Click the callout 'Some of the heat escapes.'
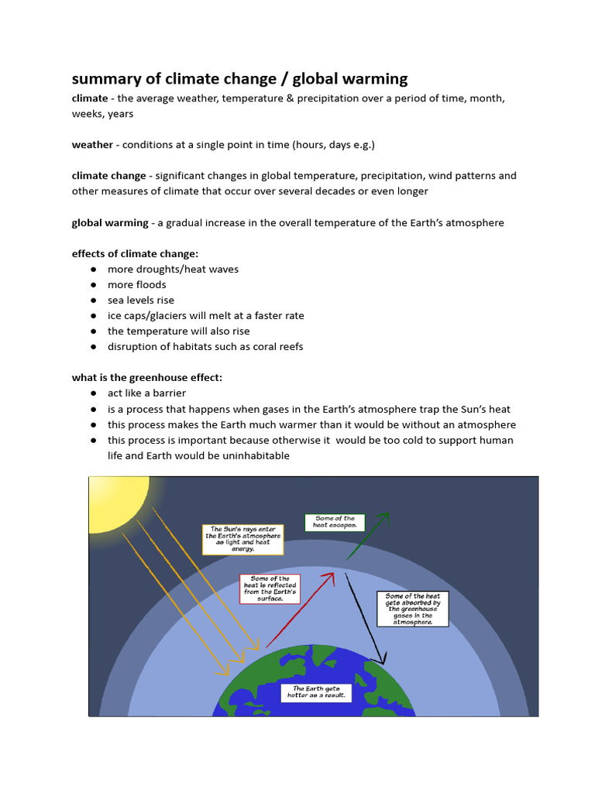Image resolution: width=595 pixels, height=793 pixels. [335, 523]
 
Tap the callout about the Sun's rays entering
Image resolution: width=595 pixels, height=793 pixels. [243, 538]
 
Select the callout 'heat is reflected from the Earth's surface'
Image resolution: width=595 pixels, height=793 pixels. [270, 589]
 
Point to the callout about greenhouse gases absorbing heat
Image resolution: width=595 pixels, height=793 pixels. [412, 609]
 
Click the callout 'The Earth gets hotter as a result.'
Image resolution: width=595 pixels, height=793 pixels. [316, 692]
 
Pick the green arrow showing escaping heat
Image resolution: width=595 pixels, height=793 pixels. [368, 535]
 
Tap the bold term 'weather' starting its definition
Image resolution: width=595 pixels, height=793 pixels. [92, 145]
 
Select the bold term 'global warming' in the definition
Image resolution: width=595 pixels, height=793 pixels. [110, 222]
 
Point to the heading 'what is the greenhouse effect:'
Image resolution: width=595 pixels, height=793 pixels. [147, 377]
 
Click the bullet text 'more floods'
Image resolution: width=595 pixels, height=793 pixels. [137, 284]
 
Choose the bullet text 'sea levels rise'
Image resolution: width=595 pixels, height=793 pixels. [141, 300]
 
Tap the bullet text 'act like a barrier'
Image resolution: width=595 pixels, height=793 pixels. [146, 393]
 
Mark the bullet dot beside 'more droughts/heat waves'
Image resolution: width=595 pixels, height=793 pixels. [93, 269]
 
